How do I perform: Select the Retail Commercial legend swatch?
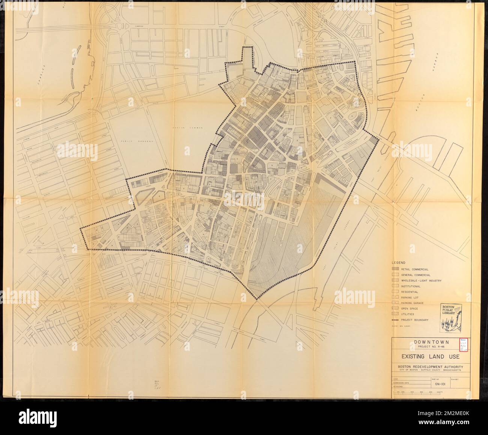tap(396, 270)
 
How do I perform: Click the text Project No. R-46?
tap(428, 347)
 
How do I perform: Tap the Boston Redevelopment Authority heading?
tap(428, 367)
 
